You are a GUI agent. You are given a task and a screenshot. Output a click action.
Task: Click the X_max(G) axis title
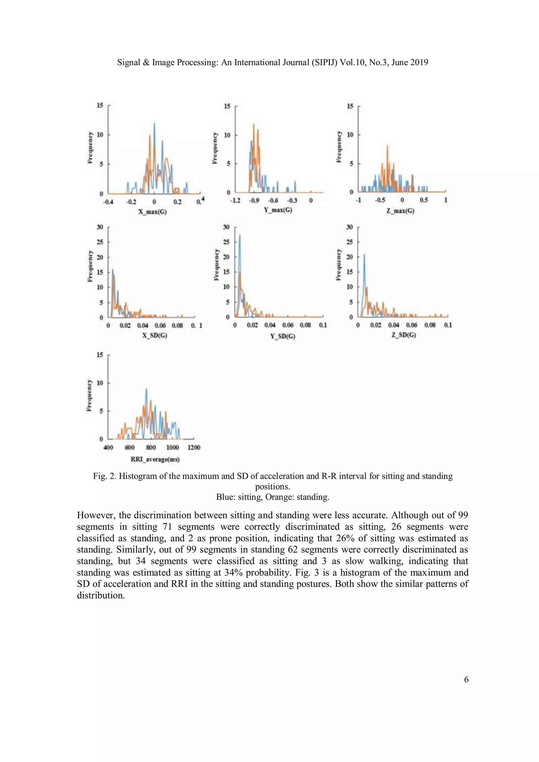152,211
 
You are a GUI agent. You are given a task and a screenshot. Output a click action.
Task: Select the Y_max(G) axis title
278,210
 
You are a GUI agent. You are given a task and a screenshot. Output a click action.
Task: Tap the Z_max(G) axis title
400,211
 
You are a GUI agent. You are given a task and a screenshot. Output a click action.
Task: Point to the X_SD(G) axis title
154,335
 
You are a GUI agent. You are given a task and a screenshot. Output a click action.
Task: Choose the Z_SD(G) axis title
403,335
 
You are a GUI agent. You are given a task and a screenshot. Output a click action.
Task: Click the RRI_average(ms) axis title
155,459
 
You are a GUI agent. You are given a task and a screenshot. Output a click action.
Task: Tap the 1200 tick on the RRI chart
194,447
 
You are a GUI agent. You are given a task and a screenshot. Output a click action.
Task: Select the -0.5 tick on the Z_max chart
380,200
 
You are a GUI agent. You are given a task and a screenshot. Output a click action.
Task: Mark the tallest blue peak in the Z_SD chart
364,255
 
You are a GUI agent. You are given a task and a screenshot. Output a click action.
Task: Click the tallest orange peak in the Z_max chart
387,146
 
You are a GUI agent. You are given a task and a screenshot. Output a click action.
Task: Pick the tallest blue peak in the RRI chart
146,389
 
